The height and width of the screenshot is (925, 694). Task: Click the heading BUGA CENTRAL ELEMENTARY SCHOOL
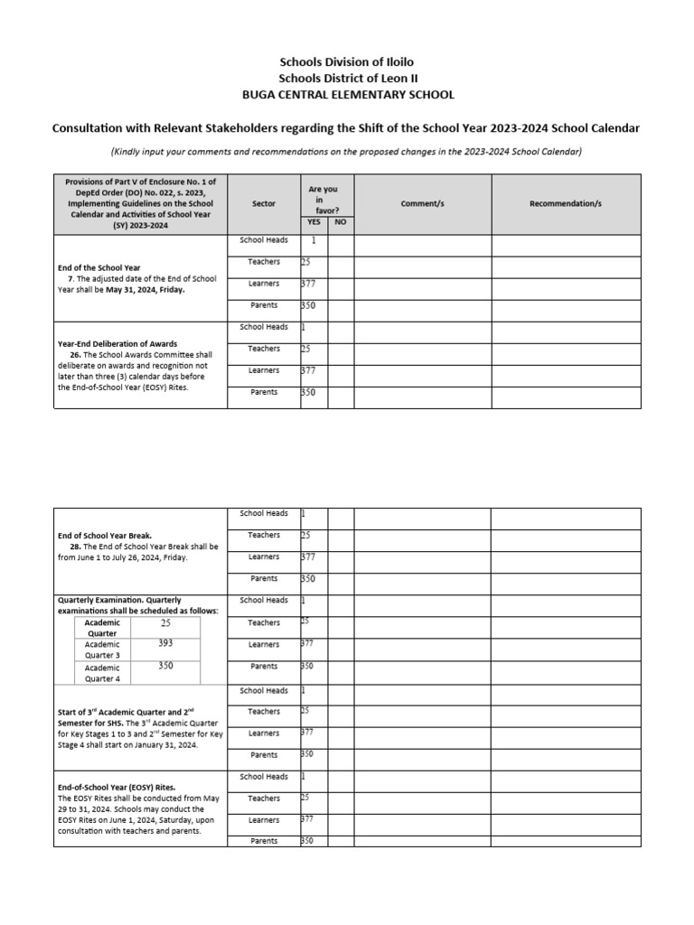[x=348, y=95]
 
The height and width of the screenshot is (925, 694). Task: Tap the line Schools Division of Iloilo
[x=348, y=61]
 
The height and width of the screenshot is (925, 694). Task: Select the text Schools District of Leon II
[x=348, y=79]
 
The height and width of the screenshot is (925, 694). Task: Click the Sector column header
[x=264, y=204]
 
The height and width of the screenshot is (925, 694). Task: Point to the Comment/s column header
[x=422, y=204]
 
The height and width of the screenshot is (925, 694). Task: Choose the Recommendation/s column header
[x=566, y=204]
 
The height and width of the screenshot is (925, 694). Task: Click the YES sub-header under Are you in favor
[x=314, y=222]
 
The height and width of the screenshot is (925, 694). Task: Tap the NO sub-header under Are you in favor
[x=340, y=222]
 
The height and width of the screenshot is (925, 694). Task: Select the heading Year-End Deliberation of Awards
[x=117, y=344]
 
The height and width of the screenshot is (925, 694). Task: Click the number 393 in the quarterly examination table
[x=165, y=644]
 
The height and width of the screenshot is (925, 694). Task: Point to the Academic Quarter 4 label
[x=102, y=671]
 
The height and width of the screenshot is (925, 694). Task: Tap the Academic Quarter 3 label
[x=102, y=649]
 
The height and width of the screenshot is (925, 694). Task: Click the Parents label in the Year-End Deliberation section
[x=264, y=392]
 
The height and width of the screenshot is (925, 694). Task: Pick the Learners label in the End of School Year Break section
[x=264, y=557]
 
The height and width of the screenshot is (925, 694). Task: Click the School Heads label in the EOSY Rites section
[x=264, y=777]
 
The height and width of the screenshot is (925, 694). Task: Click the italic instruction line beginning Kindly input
[x=348, y=151]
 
